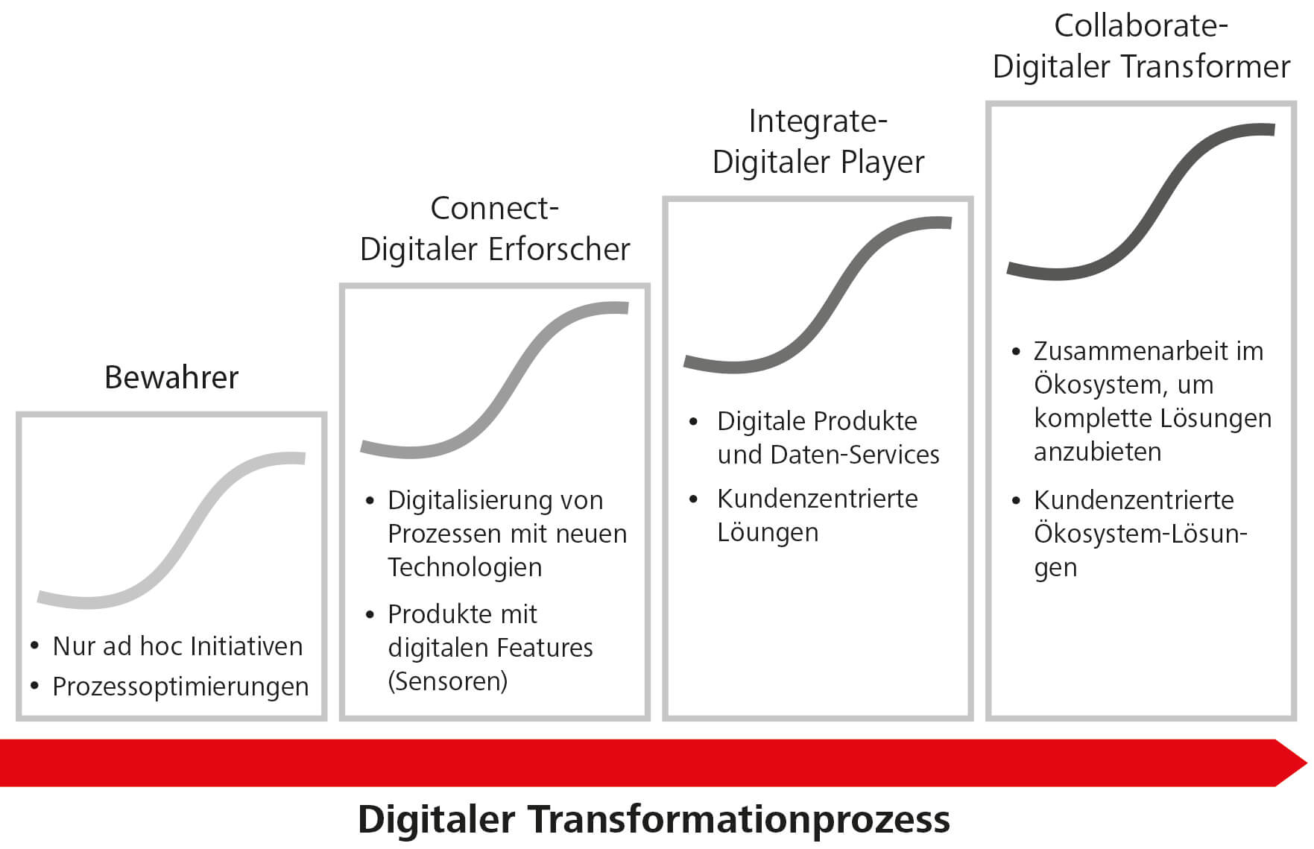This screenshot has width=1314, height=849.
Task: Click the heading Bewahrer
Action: [x=171, y=377]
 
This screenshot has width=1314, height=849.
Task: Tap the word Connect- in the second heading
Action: [x=495, y=209]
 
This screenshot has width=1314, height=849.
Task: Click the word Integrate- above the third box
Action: [x=818, y=122]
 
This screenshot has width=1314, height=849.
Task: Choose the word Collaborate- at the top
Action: [x=1141, y=27]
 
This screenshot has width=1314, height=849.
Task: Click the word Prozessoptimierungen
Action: [x=180, y=687]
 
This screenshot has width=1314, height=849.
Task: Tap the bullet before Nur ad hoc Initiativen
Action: [x=34, y=646]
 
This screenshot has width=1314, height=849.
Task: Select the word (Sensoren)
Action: [x=448, y=681]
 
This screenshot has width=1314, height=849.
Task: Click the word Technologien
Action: [x=465, y=568]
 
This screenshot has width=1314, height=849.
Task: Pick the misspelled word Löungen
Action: [x=768, y=533]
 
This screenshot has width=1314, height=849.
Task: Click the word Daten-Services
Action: [x=855, y=455]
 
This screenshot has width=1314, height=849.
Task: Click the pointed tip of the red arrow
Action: [x=1307, y=763]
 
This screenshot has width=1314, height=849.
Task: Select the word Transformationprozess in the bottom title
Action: [x=739, y=820]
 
